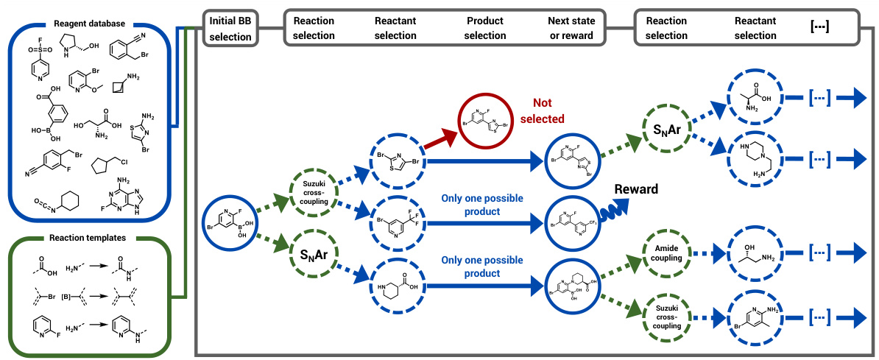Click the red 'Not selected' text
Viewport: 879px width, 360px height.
(x=545, y=110)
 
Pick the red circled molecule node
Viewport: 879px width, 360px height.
(x=486, y=119)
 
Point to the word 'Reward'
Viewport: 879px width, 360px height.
(x=637, y=189)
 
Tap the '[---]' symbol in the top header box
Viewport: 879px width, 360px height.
(x=819, y=27)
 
